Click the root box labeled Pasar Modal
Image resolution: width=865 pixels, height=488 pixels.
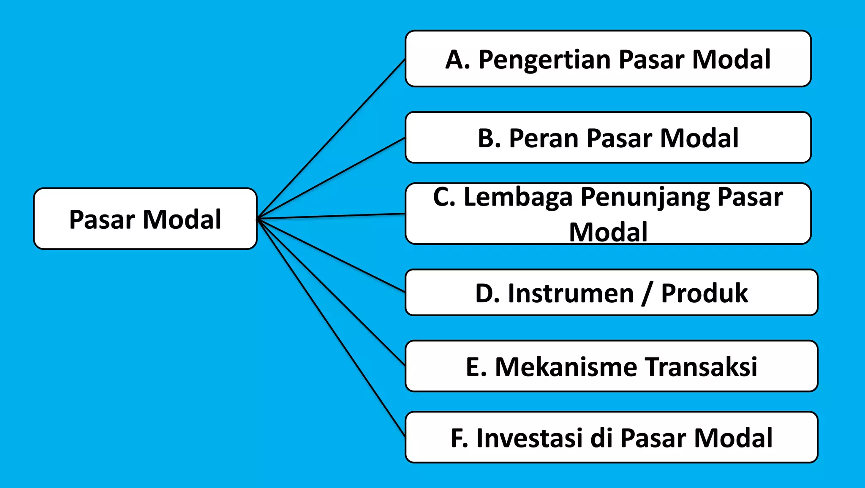tap(145, 219)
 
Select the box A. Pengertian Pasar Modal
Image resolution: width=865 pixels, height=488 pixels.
tap(608, 59)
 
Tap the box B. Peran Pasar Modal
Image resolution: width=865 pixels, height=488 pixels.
tap(608, 138)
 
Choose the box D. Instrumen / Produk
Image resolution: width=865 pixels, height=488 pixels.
tap(611, 293)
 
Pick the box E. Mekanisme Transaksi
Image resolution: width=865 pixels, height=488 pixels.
tap(611, 366)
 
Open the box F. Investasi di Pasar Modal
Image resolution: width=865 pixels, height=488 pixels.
tap(611, 437)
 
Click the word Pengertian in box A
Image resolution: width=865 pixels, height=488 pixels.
tap(544, 60)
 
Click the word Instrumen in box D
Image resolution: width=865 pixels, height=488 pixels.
tap(571, 293)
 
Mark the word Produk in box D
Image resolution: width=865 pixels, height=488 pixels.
tap(704, 293)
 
